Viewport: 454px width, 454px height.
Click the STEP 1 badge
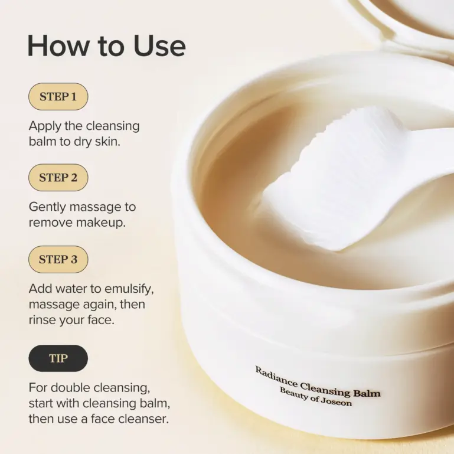tap(58, 96)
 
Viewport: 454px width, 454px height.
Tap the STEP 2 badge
tap(58, 177)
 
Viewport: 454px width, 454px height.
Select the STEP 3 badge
tap(58, 259)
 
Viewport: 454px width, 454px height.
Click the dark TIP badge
tap(58, 358)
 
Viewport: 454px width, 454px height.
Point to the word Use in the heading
tap(159, 45)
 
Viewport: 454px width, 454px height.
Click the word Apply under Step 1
tap(45, 126)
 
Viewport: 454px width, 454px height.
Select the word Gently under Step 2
tap(47, 207)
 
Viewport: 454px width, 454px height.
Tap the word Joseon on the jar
tap(335, 402)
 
